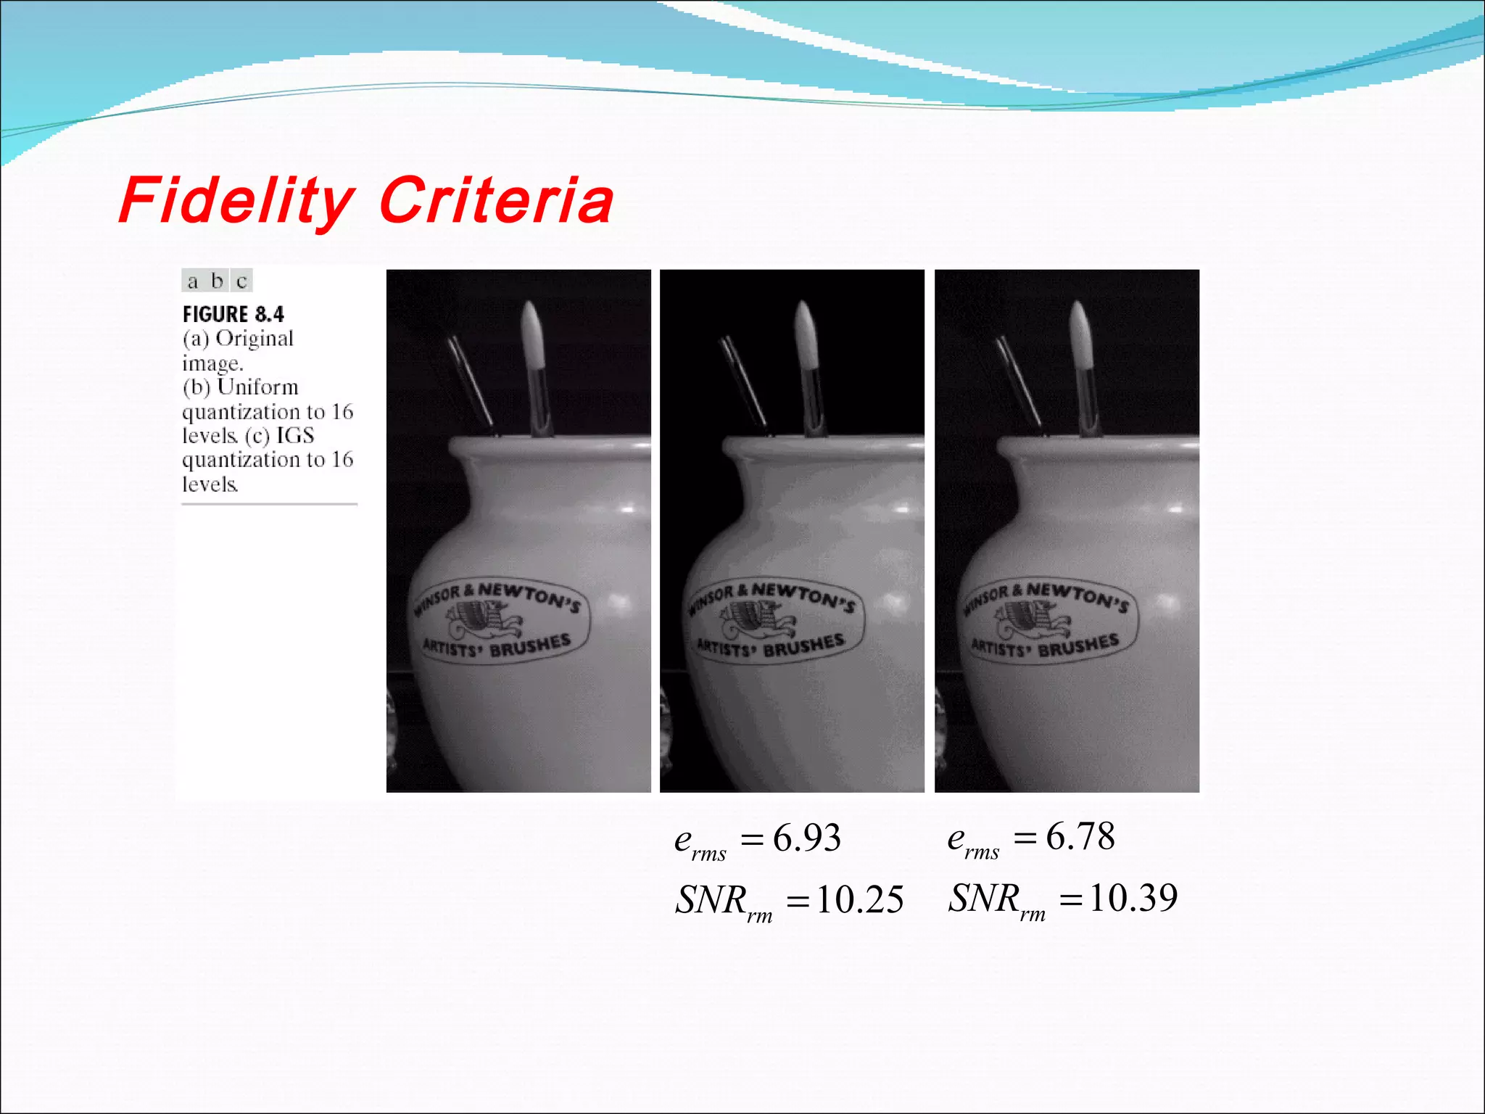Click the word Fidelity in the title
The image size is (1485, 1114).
tap(236, 200)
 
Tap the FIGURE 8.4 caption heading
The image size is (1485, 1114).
tap(233, 314)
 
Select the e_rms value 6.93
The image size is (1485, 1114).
tap(806, 838)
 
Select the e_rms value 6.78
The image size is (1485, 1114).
tap(1080, 837)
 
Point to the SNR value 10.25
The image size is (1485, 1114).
tap(859, 900)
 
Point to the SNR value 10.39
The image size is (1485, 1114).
tap(1133, 899)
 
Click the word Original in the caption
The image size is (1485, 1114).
tap(254, 339)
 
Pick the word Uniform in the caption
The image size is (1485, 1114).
tap(257, 387)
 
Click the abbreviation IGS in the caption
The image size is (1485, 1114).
tap(295, 435)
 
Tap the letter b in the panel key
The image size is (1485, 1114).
tap(217, 281)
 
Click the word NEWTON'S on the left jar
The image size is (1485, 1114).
tap(530, 596)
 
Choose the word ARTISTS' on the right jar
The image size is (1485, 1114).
tap(998, 648)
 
